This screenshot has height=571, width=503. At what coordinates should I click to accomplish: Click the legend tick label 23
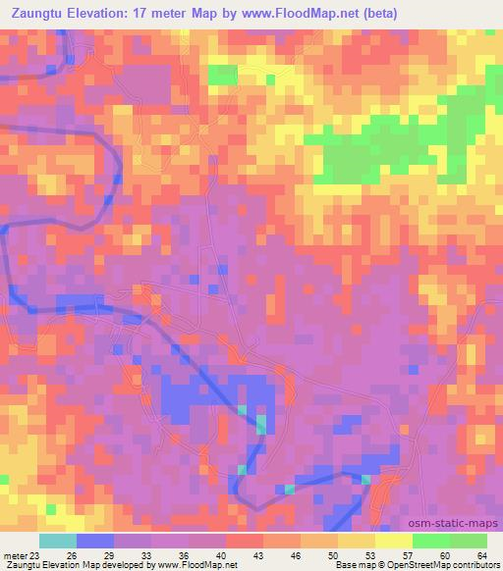(x=36, y=555)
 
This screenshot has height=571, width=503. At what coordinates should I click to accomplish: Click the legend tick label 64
(x=482, y=555)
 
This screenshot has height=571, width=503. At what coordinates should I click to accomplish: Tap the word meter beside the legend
(x=15, y=555)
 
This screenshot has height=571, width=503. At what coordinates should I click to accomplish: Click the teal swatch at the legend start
(x=58, y=541)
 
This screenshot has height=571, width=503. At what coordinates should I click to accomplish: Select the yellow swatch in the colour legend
(x=394, y=541)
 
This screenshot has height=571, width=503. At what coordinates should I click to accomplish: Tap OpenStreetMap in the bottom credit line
(x=403, y=565)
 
